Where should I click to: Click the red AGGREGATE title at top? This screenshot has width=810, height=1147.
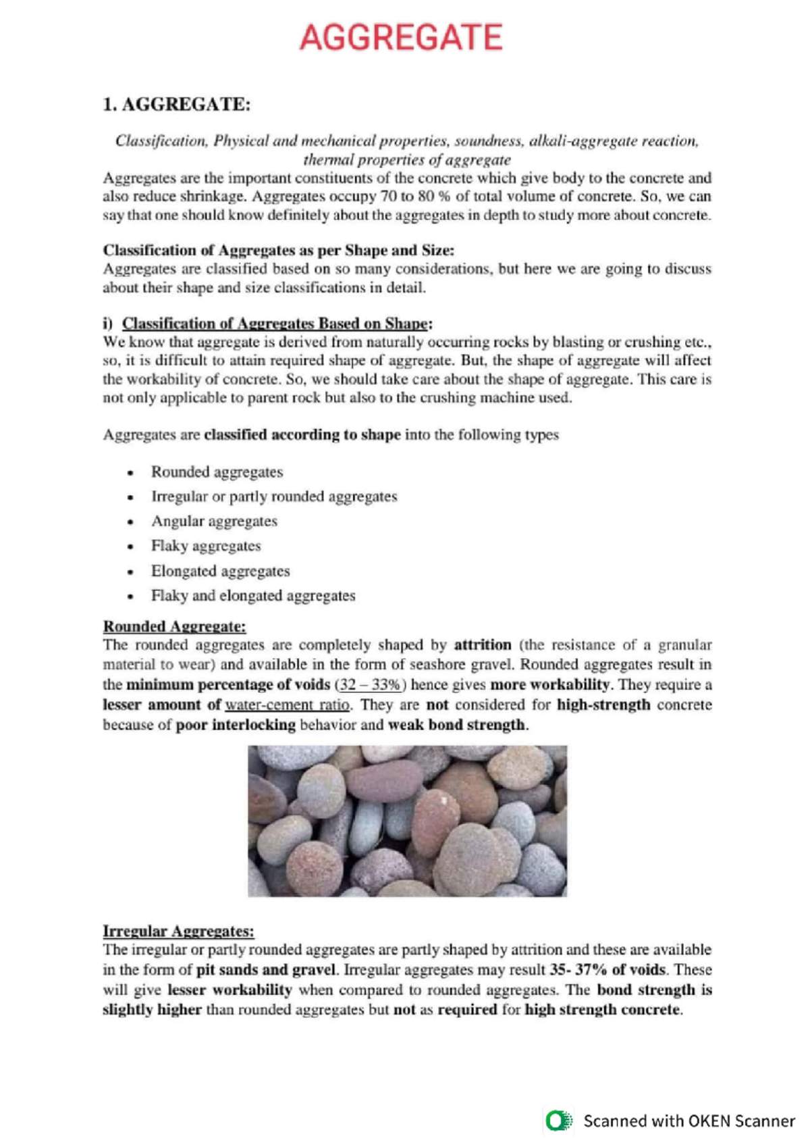click(x=401, y=38)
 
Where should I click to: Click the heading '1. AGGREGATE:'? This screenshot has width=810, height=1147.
click(x=176, y=105)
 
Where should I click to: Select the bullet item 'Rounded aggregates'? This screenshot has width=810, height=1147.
click(x=217, y=472)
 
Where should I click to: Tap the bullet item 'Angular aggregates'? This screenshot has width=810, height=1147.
click(x=214, y=521)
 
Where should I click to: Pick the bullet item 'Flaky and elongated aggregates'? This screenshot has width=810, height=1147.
click(x=253, y=596)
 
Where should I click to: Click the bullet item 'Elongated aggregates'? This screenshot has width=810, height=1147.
click(x=220, y=571)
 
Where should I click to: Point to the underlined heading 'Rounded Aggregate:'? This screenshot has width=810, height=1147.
click(x=174, y=626)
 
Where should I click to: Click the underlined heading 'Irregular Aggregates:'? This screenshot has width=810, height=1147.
click(x=178, y=932)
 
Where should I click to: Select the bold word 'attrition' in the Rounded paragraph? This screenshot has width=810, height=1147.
click(x=482, y=645)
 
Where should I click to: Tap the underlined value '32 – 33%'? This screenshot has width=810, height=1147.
click(x=370, y=685)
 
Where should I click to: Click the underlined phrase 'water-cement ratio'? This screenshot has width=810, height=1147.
click(x=288, y=705)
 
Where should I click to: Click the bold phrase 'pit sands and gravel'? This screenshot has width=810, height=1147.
click(x=266, y=970)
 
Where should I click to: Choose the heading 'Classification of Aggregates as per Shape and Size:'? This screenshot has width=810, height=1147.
click(x=278, y=251)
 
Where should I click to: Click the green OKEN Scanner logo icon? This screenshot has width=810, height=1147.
click(x=558, y=1121)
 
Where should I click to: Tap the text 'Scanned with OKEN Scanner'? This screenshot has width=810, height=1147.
click(x=688, y=1121)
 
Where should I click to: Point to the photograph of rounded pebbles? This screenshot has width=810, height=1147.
click(x=407, y=821)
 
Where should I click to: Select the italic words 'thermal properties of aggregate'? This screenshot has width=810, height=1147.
click(x=406, y=160)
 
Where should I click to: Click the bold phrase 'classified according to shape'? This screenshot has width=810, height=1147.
click(x=302, y=435)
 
